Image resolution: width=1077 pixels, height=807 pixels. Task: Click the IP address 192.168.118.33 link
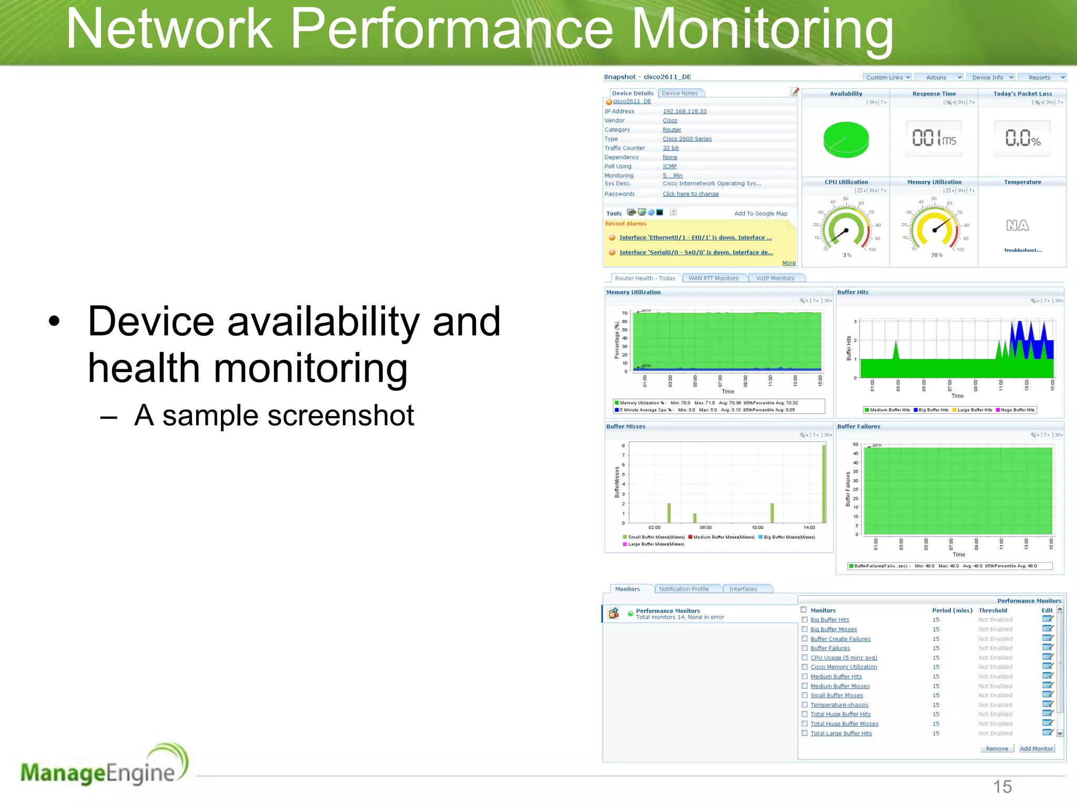(x=684, y=111)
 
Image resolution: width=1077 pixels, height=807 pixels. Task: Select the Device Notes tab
(x=680, y=94)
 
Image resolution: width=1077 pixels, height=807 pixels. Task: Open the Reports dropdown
(x=1041, y=77)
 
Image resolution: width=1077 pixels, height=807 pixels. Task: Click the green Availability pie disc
(x=846, y=139)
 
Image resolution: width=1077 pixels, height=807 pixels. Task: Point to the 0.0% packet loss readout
(x=1022, y=139)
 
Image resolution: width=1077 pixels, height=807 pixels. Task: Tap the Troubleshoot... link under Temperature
(x=1022, y=250)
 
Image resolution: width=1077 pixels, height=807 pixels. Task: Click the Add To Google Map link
(x=760, y=213)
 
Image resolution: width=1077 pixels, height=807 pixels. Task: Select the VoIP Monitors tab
(x=775, y=278)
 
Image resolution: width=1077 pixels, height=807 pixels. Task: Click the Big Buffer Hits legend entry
(x=933, y=410)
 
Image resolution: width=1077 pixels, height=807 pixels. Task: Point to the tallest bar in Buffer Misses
(x=824, y=483)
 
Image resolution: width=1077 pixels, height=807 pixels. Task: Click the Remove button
(x=997, y=749)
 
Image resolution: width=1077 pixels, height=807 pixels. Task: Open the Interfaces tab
(x=743, y=589)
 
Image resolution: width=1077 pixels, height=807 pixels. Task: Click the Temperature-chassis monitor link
(x=839, y=705)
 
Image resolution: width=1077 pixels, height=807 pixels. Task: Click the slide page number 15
(x=1002, y=787)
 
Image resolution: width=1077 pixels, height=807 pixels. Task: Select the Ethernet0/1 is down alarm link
(x=695, y=237)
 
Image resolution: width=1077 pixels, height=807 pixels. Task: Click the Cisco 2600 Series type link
(x=687, y=139)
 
